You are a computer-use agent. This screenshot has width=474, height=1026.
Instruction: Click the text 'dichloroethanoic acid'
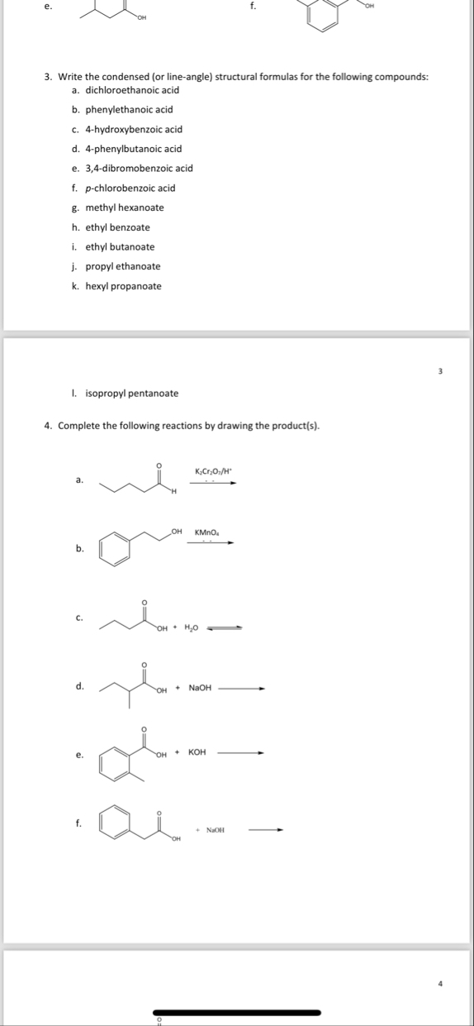(132, 89)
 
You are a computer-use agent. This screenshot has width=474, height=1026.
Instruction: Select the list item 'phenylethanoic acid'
(129, 109)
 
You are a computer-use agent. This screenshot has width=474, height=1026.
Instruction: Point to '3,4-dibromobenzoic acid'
(139, 168)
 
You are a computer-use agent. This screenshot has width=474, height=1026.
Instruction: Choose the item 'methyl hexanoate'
(125, 208)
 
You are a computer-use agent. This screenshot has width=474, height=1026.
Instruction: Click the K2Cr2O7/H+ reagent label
(215, 471)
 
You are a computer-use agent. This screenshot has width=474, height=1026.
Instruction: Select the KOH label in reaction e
(197, 752)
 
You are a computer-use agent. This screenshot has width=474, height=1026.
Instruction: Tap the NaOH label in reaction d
(200, 687)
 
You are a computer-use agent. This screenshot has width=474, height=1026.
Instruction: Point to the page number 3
(440, 371)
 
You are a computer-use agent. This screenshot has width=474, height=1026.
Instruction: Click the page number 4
(440, 983)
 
